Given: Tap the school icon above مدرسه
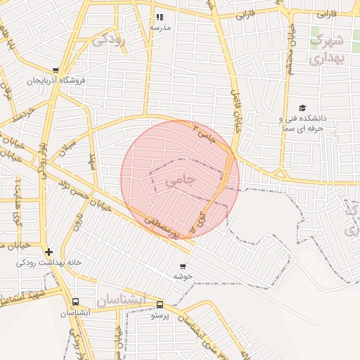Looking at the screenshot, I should [160, 17].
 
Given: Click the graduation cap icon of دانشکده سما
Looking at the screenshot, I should [302, 108].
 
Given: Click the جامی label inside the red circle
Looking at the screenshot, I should [180, 181].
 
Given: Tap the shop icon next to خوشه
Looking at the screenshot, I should [183, 266].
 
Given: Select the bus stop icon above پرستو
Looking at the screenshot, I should [160, 304].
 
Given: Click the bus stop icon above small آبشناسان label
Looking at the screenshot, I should [75, 302].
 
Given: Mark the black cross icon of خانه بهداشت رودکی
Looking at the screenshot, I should [48, 252].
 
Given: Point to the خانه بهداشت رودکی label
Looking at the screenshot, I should [50, 263].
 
